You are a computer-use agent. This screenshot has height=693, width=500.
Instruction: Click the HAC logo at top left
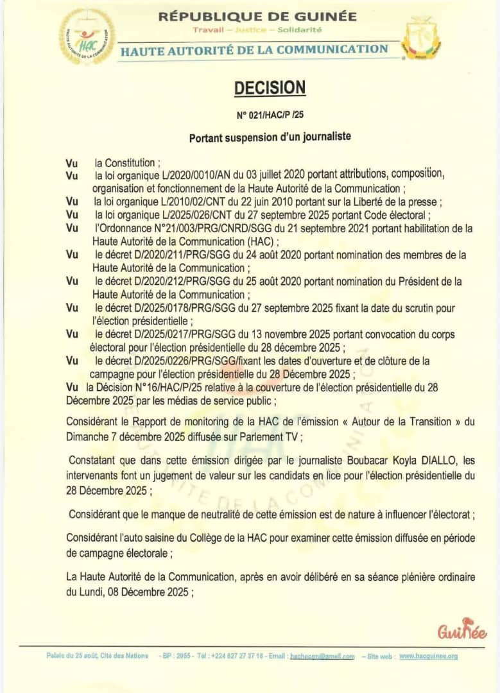click(87, 37)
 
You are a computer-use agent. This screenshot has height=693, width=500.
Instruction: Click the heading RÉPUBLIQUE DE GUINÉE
click(257, 16)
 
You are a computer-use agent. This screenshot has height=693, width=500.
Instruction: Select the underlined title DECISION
click(270, 88)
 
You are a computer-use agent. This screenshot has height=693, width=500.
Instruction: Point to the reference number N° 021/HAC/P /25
click(270, 118)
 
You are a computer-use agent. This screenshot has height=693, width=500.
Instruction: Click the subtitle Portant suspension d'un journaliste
click(270, 137)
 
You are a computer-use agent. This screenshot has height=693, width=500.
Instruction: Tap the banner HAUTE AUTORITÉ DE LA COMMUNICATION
click(254, 49)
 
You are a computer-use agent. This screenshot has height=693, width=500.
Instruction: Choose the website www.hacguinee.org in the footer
click(428, 656)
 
